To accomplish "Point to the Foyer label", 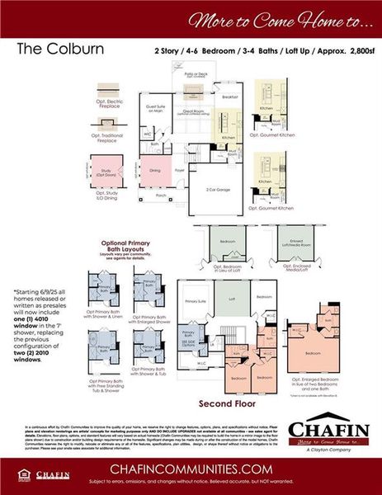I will [177, 171].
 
